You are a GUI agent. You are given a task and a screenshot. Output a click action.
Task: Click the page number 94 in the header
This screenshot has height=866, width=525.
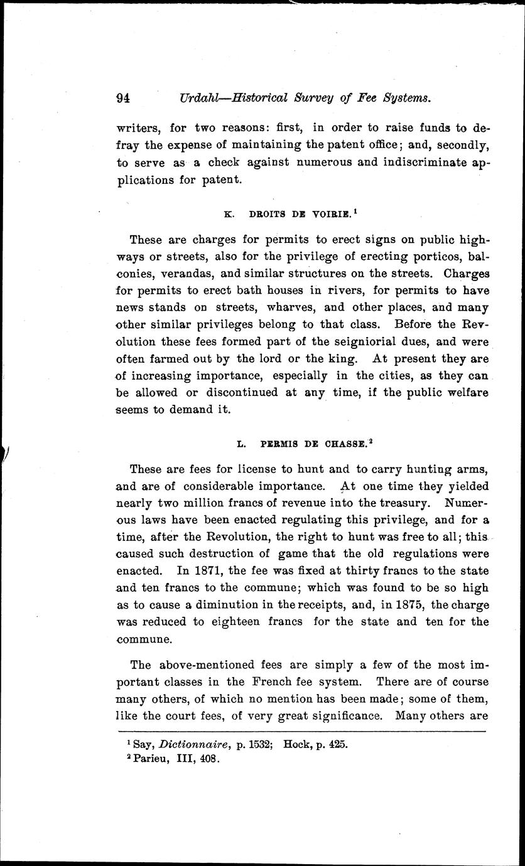tap(122, 97)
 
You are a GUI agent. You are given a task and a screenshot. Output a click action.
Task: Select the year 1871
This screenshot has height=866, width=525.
tap(209, 572)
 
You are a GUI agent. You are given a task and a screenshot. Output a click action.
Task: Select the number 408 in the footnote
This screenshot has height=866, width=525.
tap(207, 758)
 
